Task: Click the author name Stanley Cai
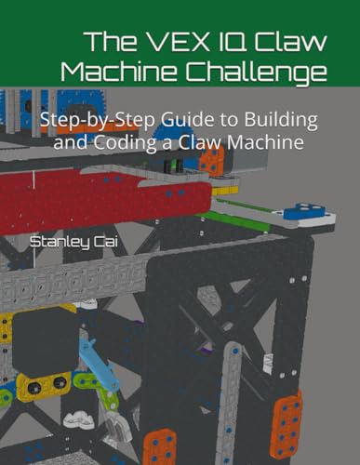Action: pyautogui.click(x=73, y=242)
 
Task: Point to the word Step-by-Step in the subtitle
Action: pyautogui.click(x=98, y=121)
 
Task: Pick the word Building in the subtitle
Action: pyautogui.click(x=281, y=120)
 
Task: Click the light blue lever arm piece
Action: pyautogui.click(x=100, y=364)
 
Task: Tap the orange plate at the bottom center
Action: pyautogui.click(x=160, y=446)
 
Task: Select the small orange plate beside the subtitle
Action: pyautogui.click(x=212, y=161)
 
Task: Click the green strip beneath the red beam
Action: pyautogui.click(x=237, y=220)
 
